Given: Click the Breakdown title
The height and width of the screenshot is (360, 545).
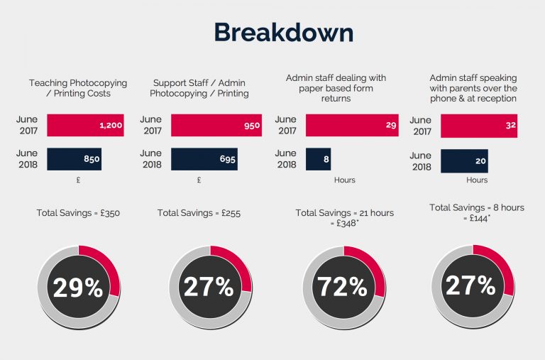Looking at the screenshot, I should tap(283, 33).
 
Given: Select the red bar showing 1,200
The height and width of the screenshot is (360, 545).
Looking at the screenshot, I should tap(85, 126).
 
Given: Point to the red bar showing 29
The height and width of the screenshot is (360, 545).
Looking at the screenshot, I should tap(352, 126).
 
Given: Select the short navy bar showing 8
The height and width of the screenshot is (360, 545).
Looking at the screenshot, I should tap(318, 159).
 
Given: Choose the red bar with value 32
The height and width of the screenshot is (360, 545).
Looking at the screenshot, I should tap(478, 126).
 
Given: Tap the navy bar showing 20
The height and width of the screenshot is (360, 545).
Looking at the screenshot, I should tap(464, 160).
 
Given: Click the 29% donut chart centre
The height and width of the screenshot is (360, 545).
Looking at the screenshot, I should tap(78, 287).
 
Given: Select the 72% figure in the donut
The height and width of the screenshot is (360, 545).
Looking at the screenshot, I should tap(343, 287).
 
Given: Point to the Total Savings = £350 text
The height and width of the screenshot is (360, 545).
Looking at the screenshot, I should tap(78, 212).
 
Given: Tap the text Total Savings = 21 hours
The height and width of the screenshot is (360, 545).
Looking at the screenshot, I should tap(344, 212).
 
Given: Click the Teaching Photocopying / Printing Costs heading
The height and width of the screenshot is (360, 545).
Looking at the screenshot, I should tap(78, 88).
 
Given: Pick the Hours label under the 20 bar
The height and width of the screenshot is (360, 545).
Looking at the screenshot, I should tap(477, 180).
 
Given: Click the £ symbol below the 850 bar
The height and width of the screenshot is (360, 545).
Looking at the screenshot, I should tap(78, 180).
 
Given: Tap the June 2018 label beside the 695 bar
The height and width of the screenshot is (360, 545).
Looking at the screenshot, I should tap(151, 159).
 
